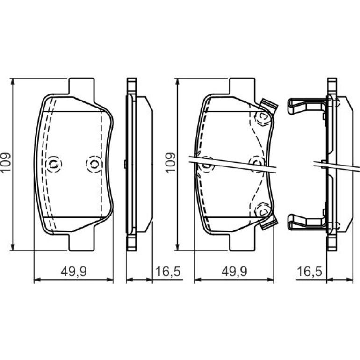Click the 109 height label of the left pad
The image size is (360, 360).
click(x=6, y=162)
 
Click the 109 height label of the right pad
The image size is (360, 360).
click(x=170, y=163)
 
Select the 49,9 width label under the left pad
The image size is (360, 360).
click(x=74, y=272)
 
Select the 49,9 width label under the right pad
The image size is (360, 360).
click(x=234, y=272)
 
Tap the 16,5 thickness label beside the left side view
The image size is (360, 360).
click(x=168, y=272)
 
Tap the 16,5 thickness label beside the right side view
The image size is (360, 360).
click(x=310, y=272)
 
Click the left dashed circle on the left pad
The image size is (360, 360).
click(x=54, y=164)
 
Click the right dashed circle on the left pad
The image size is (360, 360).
click(x=94, y=164)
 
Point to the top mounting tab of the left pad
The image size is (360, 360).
click(x=81, y=87)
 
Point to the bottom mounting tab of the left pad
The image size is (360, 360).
click(x=81, y=242)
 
